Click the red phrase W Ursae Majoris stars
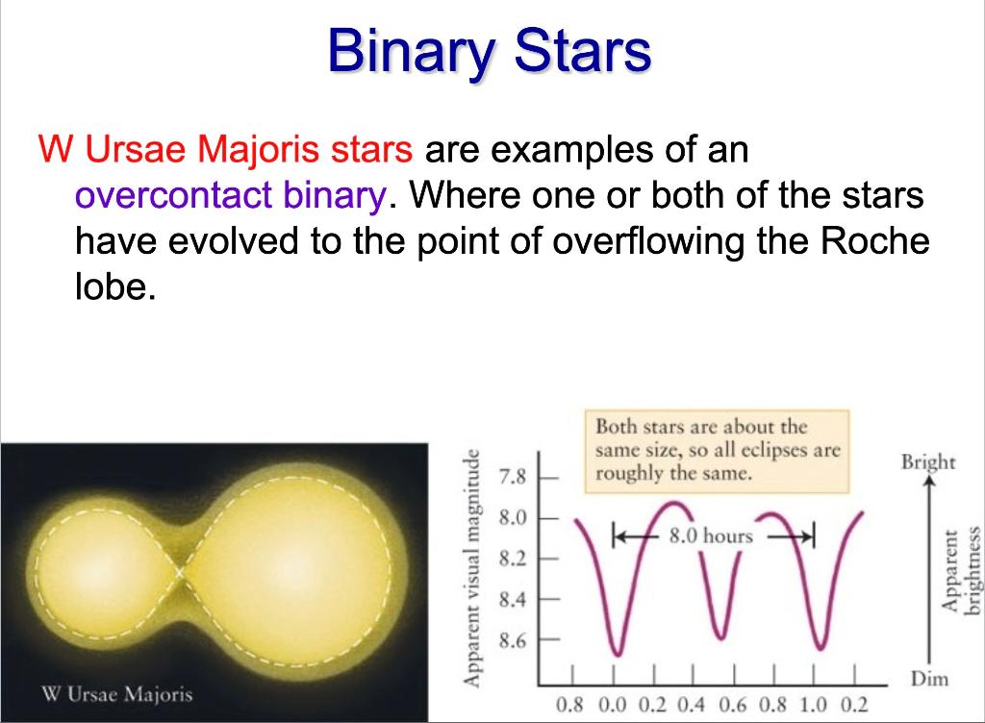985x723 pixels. point(225,151)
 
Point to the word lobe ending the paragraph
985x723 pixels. point(113,287)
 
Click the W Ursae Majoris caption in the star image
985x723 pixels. point(117,694)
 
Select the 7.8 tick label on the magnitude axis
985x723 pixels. point(513,477)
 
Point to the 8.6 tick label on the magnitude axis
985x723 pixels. point(513,639)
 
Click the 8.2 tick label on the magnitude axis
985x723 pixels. point(513,559)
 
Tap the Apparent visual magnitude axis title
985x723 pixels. point(471,566)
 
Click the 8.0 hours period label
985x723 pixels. point(711,536)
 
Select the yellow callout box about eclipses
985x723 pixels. point(717,450)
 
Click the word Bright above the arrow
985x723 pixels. point(928,461)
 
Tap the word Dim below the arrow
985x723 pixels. point(928,679)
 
